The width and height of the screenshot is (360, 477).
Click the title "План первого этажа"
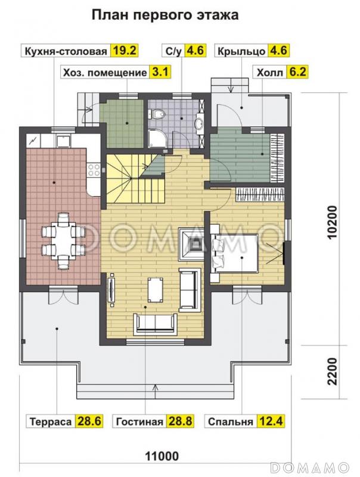click(165, 14)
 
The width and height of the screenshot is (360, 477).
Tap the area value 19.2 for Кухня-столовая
click(125, 51)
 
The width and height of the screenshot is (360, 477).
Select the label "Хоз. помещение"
click(105, 73)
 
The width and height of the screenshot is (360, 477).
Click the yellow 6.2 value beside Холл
click(297, 72)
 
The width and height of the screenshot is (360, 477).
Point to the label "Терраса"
click(51, 422)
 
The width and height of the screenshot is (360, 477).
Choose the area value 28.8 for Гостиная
click(179, 422)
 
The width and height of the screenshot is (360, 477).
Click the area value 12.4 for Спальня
click(270, 422)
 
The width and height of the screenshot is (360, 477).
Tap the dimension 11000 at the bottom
click(162, 456)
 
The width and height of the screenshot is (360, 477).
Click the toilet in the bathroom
click(157, 114)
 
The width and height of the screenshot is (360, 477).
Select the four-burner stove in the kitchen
click(94, 170)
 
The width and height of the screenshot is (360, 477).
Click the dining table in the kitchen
click(63, 240)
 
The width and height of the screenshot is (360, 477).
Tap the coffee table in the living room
click(155, 289)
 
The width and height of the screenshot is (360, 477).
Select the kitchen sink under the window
click(63, 141)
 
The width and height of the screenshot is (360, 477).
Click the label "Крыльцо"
click(242, 51)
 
